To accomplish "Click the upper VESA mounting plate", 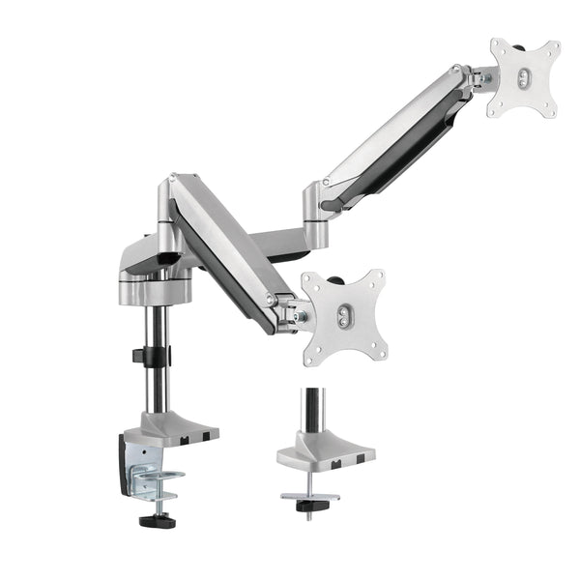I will click(x=524, y=78).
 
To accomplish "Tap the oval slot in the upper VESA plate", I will click(x=522, y=78).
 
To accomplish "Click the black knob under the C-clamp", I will click(x=154, y=521).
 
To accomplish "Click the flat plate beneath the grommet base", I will click(x=310, y=496).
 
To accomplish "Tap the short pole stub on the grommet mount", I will click(x=312, y=408).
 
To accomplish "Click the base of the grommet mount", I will click(x=324, y=449).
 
